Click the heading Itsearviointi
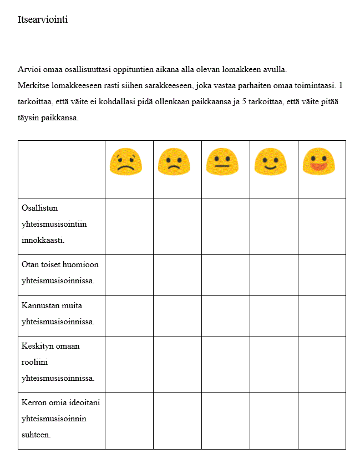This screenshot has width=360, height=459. (x=43, y=20)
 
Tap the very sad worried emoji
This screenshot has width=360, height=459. (x=125, y=161)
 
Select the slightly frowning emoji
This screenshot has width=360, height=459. (x=174, y=161)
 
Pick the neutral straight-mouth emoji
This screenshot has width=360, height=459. (x=222, y=161)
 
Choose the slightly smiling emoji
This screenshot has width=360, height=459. (x=270, y=161)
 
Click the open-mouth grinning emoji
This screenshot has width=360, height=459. (x=318, y=161)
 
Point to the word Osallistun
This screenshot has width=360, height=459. (x=40, y=208)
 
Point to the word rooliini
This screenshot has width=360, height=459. (x=35, y=363)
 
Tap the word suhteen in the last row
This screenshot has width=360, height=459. (x=36, y=435)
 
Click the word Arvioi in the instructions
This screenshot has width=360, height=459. (x=28, y=70)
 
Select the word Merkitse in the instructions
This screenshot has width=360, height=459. (x=33, y=86)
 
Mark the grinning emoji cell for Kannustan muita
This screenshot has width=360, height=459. (x=322, y=316)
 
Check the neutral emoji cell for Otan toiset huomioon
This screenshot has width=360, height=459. (x=225, y=275)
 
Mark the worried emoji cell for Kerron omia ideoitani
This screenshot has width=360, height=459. (x=129, y=421)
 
